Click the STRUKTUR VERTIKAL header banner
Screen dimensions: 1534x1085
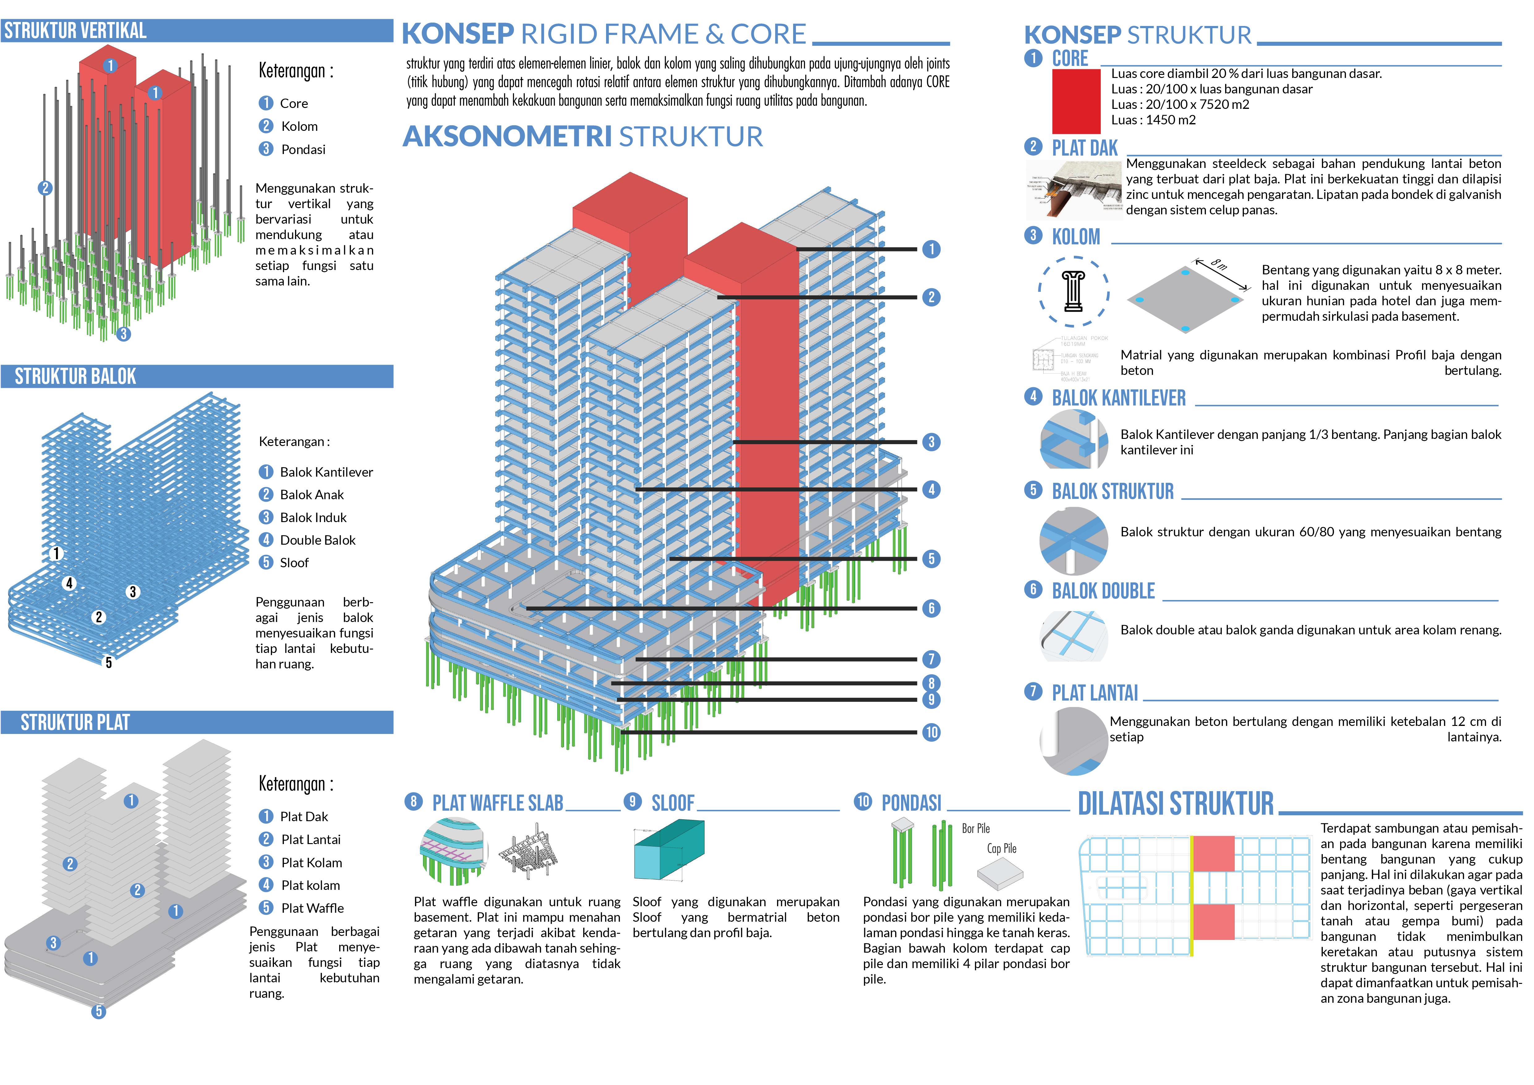(196, 31)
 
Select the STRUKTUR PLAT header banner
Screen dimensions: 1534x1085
(196, 722)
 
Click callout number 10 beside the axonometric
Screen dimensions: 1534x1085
(931, 732)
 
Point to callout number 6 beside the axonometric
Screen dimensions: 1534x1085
(931, 608)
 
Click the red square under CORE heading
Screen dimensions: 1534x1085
(1076, 101)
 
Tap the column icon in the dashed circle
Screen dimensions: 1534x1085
(1073, 291)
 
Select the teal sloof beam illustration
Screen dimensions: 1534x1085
(668, 850)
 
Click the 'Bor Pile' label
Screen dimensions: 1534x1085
(976, 829)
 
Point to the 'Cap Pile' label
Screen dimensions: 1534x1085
(1002, 848)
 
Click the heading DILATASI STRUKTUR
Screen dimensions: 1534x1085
(1176, 804)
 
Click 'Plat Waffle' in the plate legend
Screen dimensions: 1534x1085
(312, 908)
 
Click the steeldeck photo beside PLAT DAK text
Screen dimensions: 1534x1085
(1074, 191)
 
